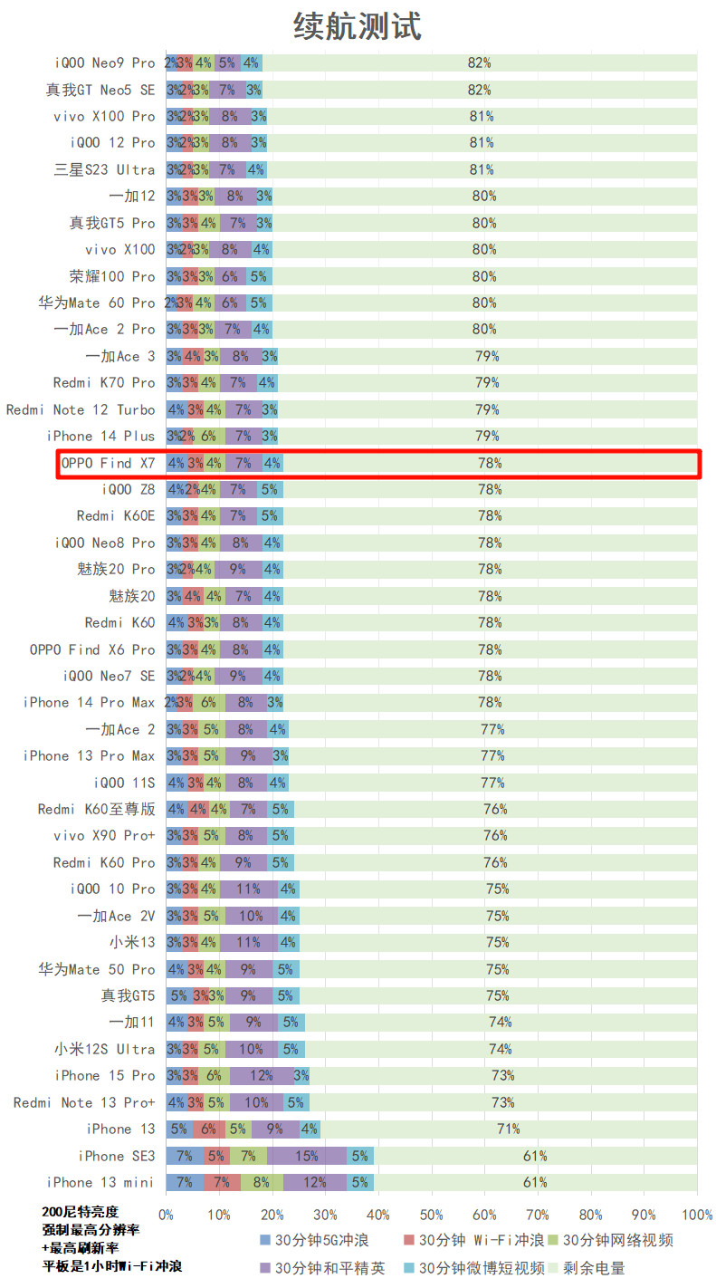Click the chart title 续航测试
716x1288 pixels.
point(358,25)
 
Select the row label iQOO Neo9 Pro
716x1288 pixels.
point(105,62)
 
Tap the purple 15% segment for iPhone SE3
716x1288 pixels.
point(307,1156)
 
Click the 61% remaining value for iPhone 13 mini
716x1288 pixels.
point(535,1182)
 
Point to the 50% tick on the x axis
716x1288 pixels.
point(432,1214)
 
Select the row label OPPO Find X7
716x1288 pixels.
point(108,463)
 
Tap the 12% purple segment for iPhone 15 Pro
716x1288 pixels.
point(262,1075)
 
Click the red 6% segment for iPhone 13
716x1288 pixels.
point(209,1129)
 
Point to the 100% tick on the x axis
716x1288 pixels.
point(697,1214)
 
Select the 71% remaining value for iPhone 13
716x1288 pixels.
point(509,1129)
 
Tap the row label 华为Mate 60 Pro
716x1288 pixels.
point(97,303)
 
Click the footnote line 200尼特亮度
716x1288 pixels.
point(80,1212)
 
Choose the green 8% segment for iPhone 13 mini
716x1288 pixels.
point(262,1182)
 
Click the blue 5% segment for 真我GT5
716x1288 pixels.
point(179,995)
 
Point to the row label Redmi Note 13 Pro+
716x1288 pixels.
point(84,1102)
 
